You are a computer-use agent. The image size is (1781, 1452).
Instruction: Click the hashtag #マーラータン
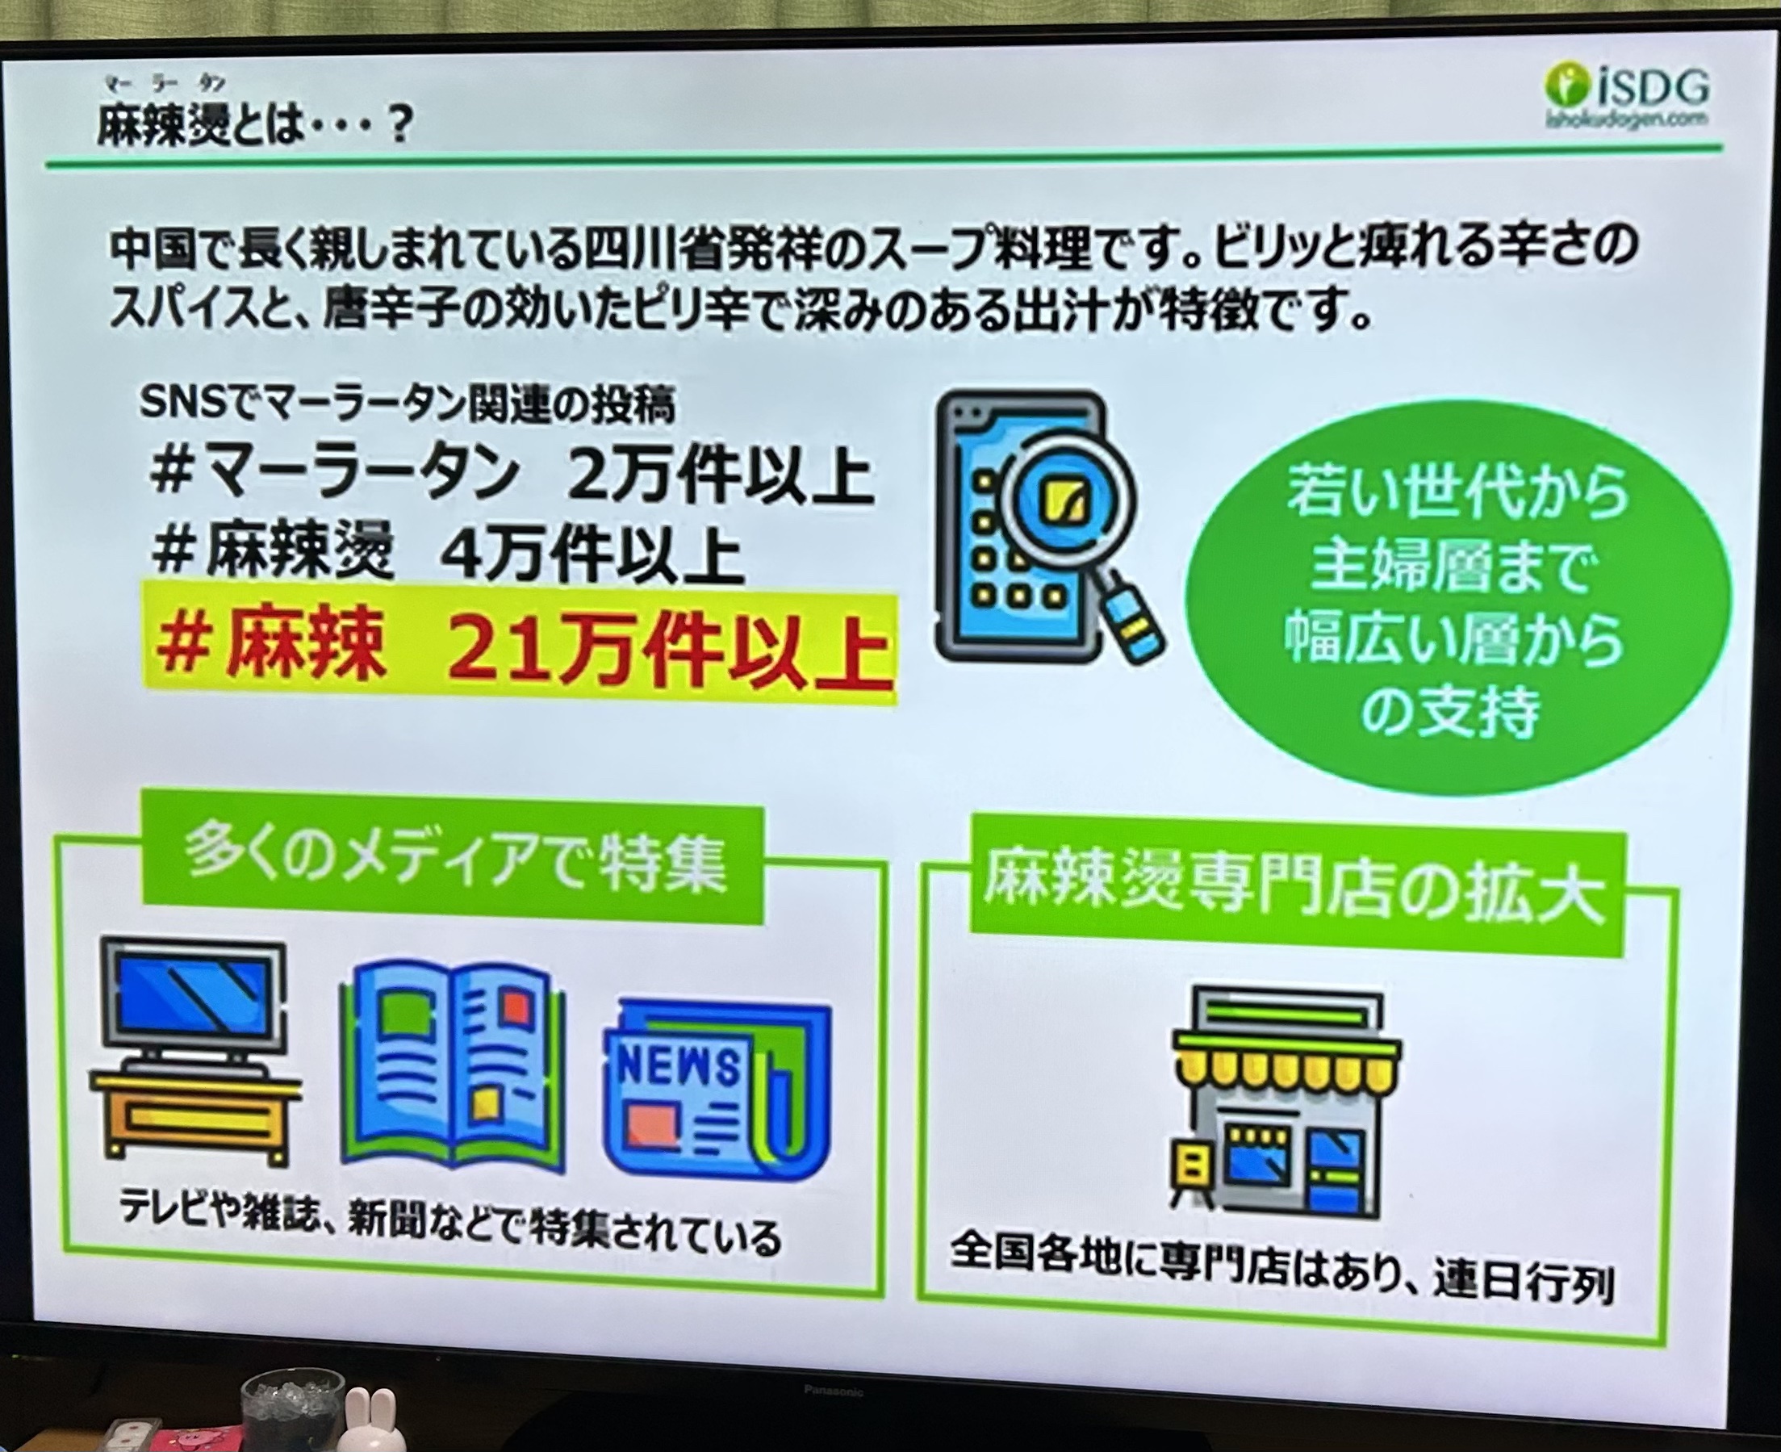[x=334, y=476]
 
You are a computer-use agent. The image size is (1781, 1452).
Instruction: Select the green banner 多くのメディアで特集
[x=453, y=867]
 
